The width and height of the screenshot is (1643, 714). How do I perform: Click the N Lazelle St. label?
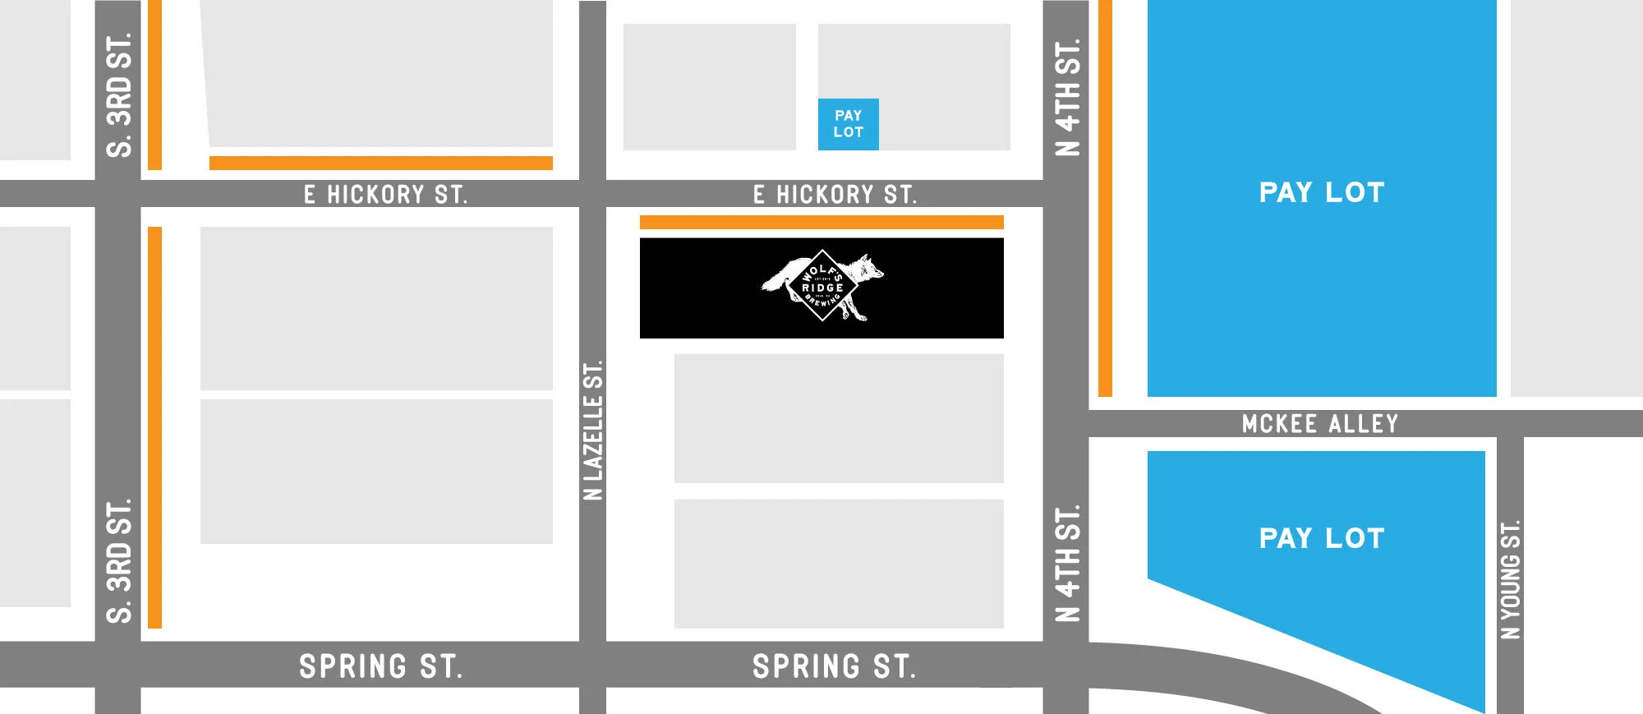(x=592, y=430)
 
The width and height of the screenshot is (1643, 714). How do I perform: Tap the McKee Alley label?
(x=1319, y=424)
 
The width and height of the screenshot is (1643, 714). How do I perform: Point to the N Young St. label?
(x=1510, y=579)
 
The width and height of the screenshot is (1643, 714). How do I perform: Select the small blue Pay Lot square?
(x=848, y=124)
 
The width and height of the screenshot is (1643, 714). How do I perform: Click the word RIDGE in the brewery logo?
(x=822, y=288)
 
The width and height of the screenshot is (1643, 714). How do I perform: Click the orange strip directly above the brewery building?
(x=821, y=222)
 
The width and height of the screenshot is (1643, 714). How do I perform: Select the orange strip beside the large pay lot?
(x=1105, y=197)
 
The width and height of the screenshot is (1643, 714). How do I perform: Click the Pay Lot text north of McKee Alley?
(x=1321, y=193)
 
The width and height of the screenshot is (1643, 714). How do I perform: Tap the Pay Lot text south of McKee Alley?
(x=1321, y=539)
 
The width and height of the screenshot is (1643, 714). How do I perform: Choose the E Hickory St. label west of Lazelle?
(x=385, y=195)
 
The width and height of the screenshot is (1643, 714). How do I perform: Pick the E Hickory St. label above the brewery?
(x=835, y=195)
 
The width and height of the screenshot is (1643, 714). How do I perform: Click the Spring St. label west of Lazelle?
(x=380, y=666)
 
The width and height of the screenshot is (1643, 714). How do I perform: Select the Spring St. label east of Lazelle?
(x=834, y=666)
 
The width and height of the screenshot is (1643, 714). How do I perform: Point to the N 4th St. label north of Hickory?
(x=1067, y=97)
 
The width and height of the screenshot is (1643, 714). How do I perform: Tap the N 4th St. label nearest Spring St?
(x=1067, y=564)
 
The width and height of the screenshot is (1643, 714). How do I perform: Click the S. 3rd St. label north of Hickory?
(x=119, y=94)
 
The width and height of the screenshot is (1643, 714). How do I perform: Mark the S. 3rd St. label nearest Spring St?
(x=119, y=560)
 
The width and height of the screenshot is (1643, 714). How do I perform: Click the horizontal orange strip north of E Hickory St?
(x=380, y=163)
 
